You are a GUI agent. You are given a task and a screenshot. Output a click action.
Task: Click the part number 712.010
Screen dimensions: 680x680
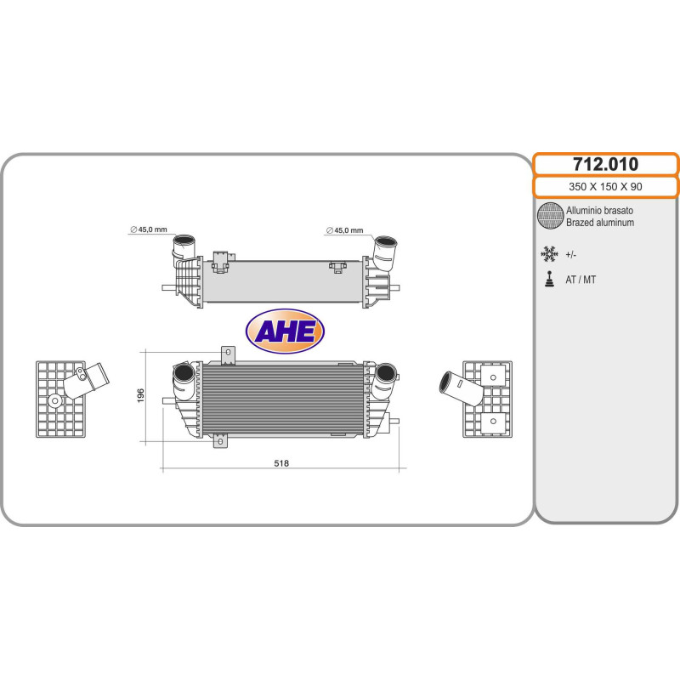(x=605, y=164)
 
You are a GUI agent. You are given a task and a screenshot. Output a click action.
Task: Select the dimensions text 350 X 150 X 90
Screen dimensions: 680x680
(x=605, y=187)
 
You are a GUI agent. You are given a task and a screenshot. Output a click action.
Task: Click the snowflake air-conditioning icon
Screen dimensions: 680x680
(x=549, y=254)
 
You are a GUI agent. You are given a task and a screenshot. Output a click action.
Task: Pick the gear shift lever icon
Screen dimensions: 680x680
(x=549, y=279)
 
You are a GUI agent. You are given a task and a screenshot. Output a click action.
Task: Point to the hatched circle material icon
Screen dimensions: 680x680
(x=550, y=216)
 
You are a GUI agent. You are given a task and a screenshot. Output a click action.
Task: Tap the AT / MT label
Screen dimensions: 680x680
(x=582, y=280)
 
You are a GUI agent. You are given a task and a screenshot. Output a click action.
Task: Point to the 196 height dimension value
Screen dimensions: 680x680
(x=141, y=395)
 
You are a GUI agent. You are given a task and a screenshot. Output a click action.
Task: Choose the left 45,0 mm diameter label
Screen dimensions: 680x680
(x=149, y=229)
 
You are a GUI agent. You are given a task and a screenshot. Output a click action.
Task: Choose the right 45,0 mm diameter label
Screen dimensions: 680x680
(x=344, y=230)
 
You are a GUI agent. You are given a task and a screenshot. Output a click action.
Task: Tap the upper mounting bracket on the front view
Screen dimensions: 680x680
(x=227, y=353)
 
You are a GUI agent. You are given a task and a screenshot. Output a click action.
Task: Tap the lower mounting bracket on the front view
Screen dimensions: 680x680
(x=221, y=439)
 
